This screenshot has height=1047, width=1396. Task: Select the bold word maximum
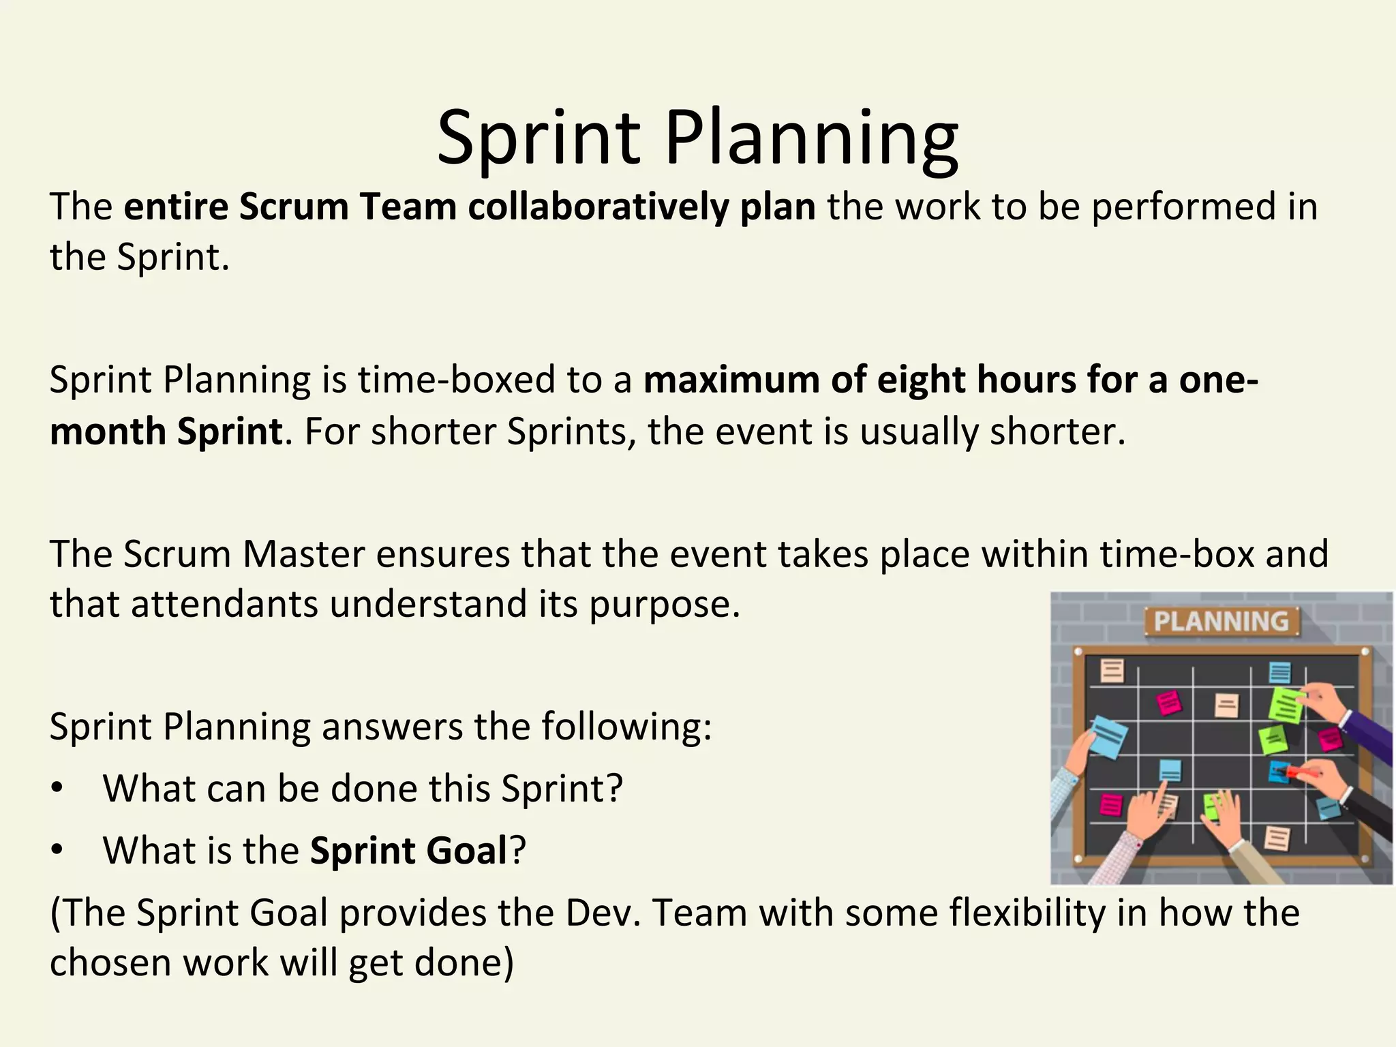[x=730, y=380]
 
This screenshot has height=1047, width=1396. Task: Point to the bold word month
[x=107, y=431]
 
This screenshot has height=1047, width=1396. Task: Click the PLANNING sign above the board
[x=1221, y=622]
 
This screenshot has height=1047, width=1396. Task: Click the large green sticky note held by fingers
[x=1285, y=704]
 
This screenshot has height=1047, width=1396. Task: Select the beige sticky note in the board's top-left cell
[x=1112, y=670]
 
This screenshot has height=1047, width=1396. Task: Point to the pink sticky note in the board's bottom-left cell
[x=1111, y=804]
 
